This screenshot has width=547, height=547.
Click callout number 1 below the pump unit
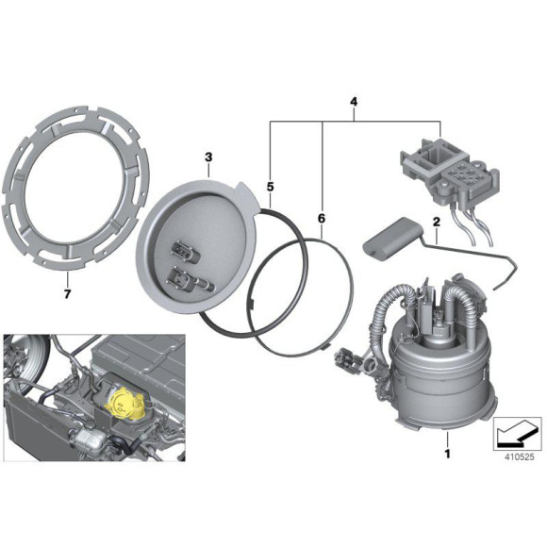point(449,454)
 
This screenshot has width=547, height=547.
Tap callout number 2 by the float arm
point(437,222)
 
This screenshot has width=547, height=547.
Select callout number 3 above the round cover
point(209,155)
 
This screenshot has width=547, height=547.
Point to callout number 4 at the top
point(354,100)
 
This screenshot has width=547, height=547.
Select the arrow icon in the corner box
point(516,431)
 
